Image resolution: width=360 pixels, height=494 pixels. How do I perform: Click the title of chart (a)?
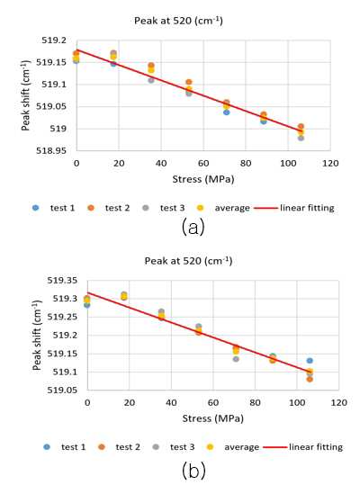178,21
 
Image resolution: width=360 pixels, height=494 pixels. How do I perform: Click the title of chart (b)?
188,261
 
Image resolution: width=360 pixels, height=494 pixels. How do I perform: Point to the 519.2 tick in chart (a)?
55,40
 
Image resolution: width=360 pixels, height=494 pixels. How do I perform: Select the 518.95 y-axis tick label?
51,150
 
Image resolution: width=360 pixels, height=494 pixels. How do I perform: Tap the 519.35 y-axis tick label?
62,280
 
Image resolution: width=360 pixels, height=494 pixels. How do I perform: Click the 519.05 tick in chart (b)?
62,390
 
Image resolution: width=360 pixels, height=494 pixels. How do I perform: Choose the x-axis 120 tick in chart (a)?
330,163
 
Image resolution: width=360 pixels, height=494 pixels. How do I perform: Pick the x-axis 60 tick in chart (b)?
213,402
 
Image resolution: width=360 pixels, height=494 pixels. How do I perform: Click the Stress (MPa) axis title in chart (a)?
203,179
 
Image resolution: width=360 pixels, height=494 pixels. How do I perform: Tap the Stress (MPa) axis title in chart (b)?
213,418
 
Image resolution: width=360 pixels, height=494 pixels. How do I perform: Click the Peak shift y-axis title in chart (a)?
25,95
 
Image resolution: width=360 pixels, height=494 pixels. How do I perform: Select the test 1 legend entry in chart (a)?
54,208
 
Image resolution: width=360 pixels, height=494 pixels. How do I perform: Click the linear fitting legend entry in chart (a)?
294,208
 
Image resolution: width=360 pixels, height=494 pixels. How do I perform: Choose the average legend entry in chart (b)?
232,447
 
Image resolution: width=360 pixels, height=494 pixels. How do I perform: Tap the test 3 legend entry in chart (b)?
174,447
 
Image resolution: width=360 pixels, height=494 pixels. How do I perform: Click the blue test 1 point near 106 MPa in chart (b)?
310,361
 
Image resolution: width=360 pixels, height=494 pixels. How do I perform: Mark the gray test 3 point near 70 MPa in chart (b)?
236,359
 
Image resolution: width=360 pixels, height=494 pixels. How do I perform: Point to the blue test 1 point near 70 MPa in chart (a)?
226,112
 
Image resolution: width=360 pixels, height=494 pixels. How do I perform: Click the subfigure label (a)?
193,227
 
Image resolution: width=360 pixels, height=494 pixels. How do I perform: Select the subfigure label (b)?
193,470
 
